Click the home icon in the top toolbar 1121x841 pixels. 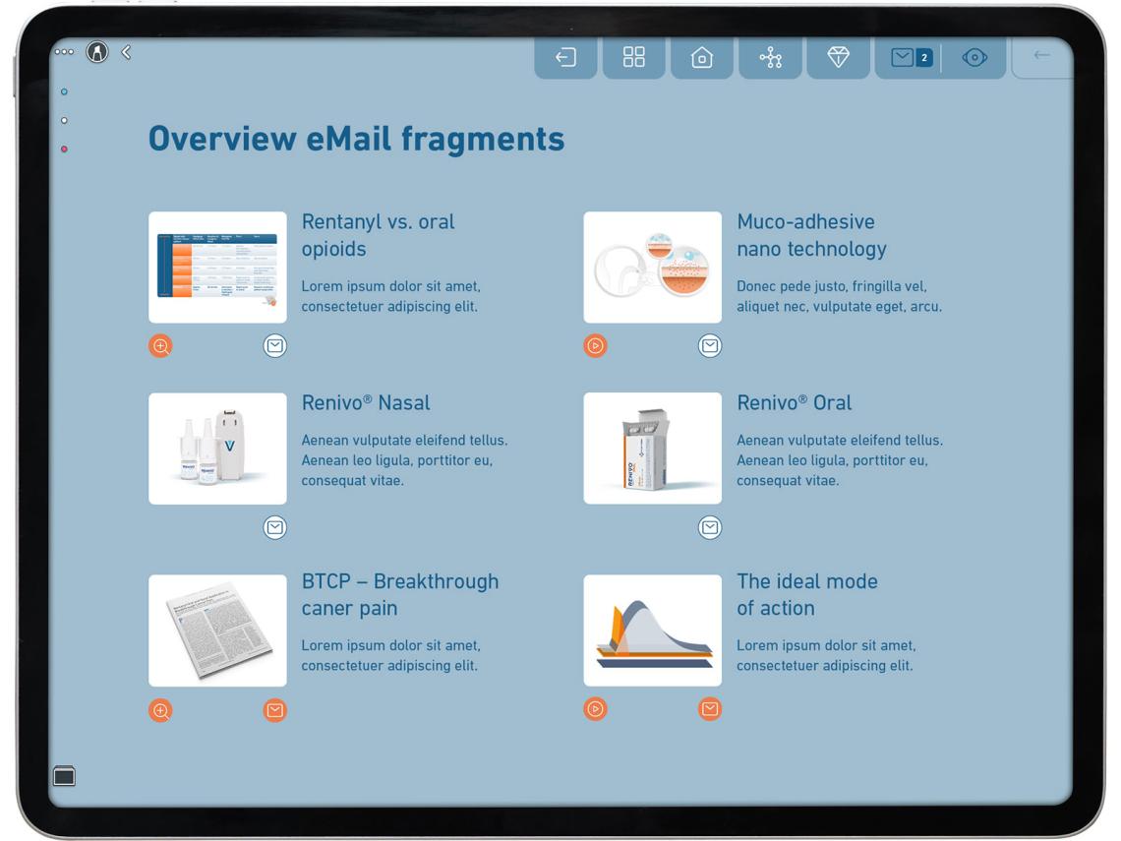[x=701, y=58]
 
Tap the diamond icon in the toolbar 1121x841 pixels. [x=838, y=58]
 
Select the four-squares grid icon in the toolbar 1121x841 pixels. [x=634, y=58]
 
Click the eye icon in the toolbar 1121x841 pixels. [x=973, y=58]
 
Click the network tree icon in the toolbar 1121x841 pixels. [x=770, y=58]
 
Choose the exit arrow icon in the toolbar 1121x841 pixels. [x=565, y=58]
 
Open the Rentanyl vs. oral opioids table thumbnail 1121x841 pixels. [x=217, y=268]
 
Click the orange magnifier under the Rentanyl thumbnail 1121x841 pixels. [x=160, y=346]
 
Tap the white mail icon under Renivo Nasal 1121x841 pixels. [x=275, y=528]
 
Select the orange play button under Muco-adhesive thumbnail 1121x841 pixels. [x=595, y=346]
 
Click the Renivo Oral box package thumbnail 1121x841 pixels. [x=652, y=449]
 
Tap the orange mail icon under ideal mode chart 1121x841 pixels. [x=710, y=709]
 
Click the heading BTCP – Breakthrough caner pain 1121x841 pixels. [x=399, y=594]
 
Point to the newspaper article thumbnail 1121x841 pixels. [x=217, y=631]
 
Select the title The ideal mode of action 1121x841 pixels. [x=806, y=594]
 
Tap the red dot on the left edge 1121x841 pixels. [x=64, y=150]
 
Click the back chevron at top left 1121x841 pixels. [x=126, y=52]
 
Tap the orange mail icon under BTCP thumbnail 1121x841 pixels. [x=275, y=710]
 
